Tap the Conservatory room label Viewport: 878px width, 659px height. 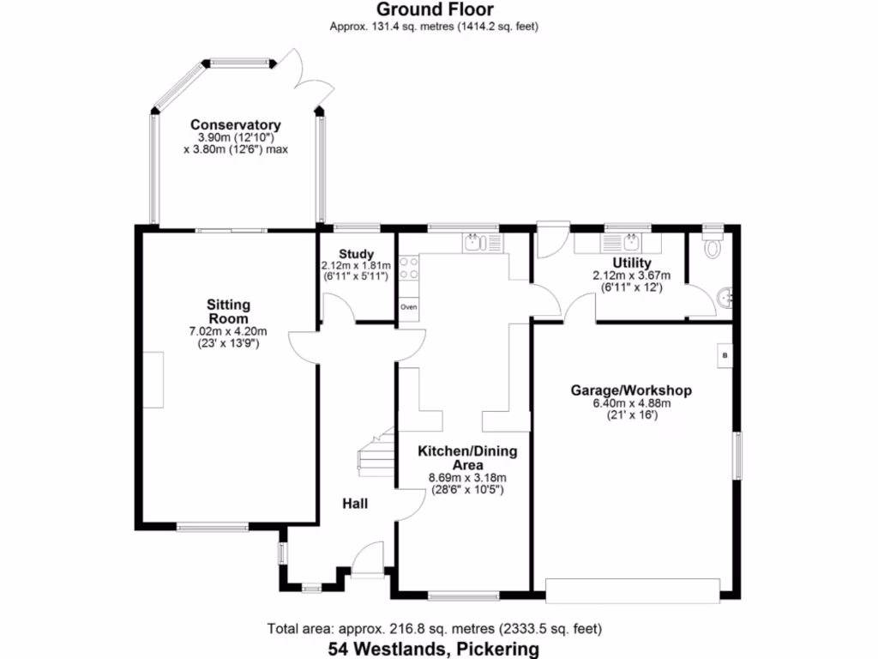236,124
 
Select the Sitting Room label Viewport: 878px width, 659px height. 228,311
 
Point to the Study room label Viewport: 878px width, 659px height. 355,253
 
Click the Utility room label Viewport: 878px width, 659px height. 631,263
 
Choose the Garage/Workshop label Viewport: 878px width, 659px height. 631,390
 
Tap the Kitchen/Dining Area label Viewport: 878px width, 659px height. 467,457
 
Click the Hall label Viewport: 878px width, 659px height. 355,503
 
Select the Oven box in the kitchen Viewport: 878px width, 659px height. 408,306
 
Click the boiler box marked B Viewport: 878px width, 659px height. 725,354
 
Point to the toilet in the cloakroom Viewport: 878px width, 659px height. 712,248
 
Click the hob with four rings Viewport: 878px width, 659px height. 408,268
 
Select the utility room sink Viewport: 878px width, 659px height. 633,241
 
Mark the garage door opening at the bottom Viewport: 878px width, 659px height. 633,589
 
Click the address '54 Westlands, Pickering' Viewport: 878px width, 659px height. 434,649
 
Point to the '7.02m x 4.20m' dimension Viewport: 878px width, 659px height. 228,332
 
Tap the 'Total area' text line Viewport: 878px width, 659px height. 434,628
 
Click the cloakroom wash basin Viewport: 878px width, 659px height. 725,298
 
